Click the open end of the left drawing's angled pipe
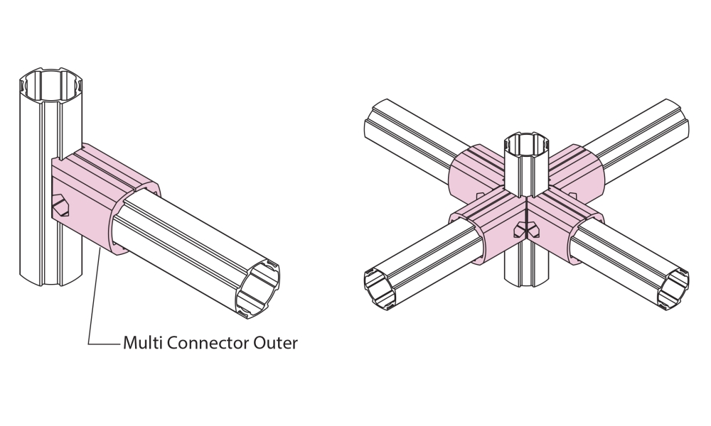pos(258,287)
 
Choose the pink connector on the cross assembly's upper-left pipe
pos(473,170)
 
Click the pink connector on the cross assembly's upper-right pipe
pos(579,170)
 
